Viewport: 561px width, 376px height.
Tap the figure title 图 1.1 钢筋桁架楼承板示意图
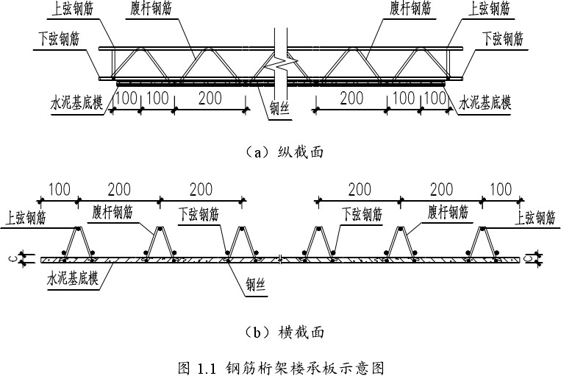[x=282, y=366]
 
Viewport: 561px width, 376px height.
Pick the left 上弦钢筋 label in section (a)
[x=81, y=10]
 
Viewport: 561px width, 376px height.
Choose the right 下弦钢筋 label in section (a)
[x=503, y=36]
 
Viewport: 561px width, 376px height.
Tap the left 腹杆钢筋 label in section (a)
[x=162, y=10]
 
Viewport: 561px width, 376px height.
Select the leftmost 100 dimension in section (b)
[x=60, y=190]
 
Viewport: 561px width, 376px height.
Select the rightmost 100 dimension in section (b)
[x=501, y=190]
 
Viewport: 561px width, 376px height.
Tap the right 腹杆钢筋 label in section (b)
[x=447, y=213]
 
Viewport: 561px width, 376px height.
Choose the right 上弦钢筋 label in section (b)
[x=535, y=218]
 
